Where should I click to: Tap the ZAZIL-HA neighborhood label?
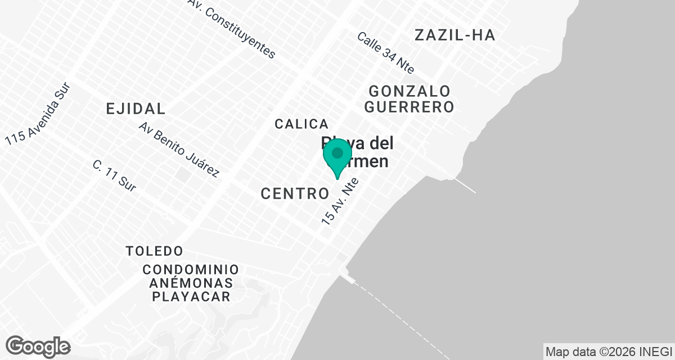[454, 35]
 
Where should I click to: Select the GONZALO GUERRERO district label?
[411, 98]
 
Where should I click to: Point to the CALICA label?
[301, 124]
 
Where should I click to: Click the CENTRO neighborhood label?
[295, 194]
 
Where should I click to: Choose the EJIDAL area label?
[136, 109]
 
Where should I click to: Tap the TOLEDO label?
[154, 250]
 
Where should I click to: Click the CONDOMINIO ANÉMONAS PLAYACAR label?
[190, 283]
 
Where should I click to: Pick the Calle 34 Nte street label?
[386, 53]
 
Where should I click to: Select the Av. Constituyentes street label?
[233, 29]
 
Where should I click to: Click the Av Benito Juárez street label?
[178, 150]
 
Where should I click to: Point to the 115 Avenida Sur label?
[39, 115]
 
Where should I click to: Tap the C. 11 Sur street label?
[114, 176]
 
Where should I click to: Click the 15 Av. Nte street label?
[340, 199]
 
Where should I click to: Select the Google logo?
[38, 346]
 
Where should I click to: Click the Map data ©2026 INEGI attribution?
[609, 352]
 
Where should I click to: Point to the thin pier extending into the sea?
[465, 186]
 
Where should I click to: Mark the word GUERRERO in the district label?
[411, 106]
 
